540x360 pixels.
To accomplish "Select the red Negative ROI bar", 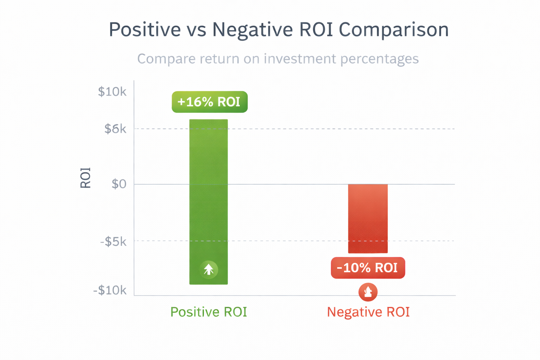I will point(368,218).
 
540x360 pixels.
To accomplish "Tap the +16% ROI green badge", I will point(210,102).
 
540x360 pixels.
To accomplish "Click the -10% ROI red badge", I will point(368,268).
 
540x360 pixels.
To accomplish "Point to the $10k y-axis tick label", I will point(112,92).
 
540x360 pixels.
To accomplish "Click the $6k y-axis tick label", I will point(115,129).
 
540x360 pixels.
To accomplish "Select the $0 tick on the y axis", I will point(119,184).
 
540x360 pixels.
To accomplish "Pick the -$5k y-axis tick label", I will point(113,242).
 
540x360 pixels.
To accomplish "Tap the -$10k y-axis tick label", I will point(110,290).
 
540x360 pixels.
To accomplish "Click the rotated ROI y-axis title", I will point(85,178).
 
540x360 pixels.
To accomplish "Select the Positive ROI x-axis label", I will point(208,312).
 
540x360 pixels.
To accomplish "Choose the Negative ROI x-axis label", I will point(368,312).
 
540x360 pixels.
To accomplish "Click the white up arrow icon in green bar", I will point(209,270).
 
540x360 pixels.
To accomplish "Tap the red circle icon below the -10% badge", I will point(368,292).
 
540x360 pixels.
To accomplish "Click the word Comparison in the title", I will point(394,30).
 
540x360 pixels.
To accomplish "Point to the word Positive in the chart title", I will point(144,30).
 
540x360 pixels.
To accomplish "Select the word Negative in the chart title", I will point(252,30).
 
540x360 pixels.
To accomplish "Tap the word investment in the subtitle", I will point(300,59).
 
